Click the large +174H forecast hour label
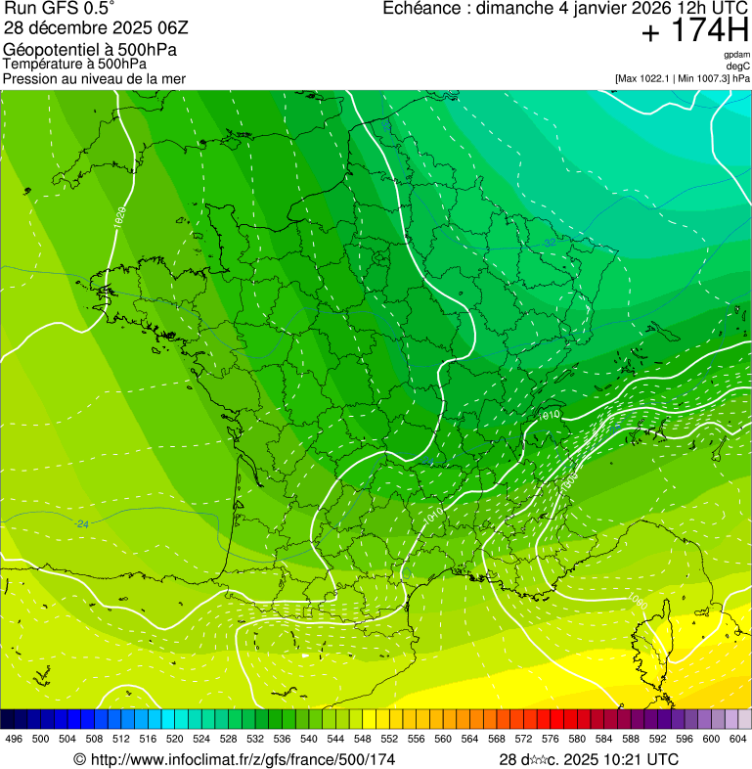point(694,32)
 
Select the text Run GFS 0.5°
point(61,11)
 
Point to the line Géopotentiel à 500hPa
point(90,50)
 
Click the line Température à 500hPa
point(82,64)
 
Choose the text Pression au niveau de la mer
point(94,78)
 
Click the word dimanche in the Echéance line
point(524,9)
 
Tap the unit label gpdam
point(736,55)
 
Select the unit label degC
point(738,66)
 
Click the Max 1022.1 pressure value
point(647,78)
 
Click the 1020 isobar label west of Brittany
point(118,218)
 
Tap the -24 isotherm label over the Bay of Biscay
point(82,524)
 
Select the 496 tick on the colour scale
point(14,740)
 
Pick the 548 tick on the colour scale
point(363,740)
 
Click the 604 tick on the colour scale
point(738,740)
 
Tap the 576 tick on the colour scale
point(551,740)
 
